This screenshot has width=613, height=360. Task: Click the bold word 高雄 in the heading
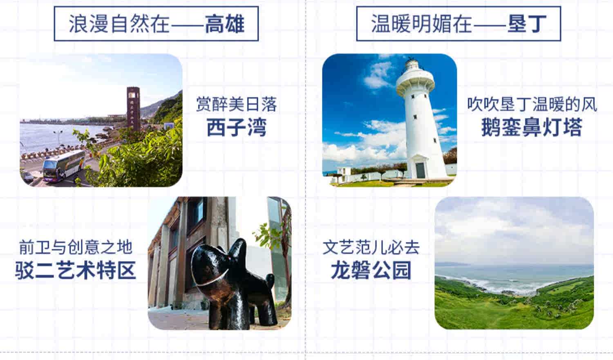(224, 23)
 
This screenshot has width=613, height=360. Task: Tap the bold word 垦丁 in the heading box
(527, 23)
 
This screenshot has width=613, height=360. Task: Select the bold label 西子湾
(236, 127)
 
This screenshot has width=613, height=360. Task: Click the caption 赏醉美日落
(236, 104)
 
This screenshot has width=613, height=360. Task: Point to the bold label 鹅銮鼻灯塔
(531, 127)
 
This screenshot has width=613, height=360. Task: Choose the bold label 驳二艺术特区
(76, 271)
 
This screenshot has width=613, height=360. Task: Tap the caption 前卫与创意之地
(76, 247)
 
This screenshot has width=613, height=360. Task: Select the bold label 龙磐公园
(371, 271)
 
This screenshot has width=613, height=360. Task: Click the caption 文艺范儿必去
(371, 247)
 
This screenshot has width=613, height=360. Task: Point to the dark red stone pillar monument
(133, 108)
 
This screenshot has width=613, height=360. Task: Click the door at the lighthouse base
(421, 170)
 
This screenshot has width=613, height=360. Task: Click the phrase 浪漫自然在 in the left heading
(119, 23)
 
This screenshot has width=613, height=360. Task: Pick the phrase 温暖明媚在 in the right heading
(421, 23)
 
